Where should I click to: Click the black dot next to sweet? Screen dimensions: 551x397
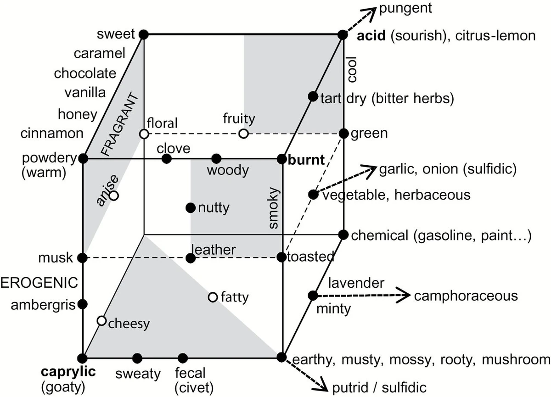(144, 34)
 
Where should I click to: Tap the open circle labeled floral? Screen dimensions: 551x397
(144, 134)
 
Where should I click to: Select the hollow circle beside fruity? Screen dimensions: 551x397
(243, 134)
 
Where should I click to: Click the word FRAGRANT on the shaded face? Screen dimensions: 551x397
(119, 124)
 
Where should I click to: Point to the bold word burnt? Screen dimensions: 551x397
(306, 160)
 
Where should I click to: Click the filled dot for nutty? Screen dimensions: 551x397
(191, 208)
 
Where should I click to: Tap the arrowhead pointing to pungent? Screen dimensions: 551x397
(371, 13)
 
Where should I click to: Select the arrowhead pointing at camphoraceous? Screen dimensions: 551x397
(404, 295)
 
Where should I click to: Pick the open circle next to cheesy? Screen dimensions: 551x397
(101, 321)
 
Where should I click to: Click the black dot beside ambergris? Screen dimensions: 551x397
(82, 304)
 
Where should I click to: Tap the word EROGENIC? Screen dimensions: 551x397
(39, 283)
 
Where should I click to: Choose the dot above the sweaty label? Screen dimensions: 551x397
(137, 358)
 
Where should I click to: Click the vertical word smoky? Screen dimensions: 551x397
(273, 208)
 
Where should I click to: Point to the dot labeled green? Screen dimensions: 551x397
(343, 134)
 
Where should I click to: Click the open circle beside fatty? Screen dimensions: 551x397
(213, 297)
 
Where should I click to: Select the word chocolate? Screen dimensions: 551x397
(85, 73)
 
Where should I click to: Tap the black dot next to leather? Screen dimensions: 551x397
(191, 258)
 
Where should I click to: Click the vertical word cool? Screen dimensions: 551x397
(352, 69)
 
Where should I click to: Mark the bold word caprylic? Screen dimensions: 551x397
(68, 372)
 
